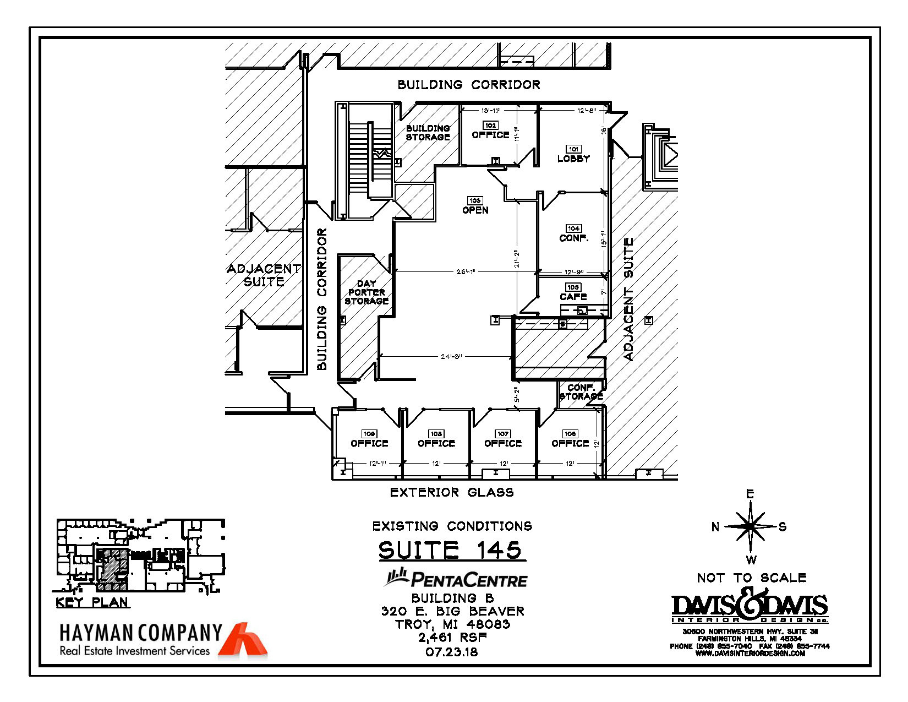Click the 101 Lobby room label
[573, 155]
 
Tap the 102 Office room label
[490, 131]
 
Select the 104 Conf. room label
[573, 234]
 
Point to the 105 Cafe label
[573, 293]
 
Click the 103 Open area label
[475, 206]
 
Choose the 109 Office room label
[369, 439]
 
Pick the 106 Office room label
[570, 439]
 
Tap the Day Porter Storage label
[367, 292]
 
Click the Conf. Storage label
[581, 392]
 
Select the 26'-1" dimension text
[466, 271]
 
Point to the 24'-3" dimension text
[451, 357]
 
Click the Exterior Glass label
[452, 493]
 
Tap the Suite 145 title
[450, 551]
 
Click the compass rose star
[750, 527]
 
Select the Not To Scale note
[752, 578]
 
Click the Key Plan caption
[92, 602]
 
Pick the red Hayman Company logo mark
[243, 640]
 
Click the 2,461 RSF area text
[452, 638]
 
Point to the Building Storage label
[428, 133]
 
